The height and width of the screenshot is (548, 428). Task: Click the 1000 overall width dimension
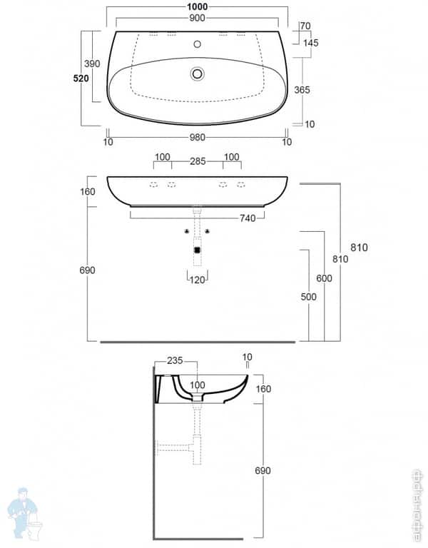[x=198, y=6]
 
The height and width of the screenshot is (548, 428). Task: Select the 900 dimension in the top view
[x=198, y=21]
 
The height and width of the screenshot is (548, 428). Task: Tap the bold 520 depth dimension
[x=81, y=78]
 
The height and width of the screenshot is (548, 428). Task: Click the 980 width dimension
[x=198, y=141]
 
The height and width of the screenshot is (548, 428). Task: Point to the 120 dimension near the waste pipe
[x=198, y=280]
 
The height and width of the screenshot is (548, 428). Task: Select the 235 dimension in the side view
[x=176, y=362]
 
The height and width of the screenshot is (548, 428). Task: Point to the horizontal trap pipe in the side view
[x=175, y=448]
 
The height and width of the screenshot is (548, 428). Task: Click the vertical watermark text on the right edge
[x=417, y=503]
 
